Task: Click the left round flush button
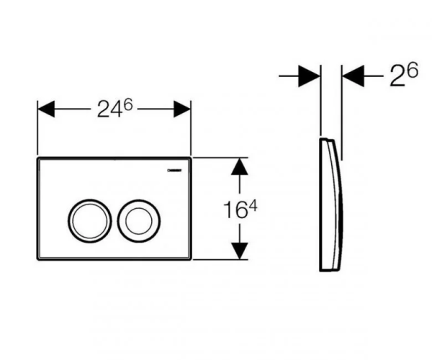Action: [89, 220]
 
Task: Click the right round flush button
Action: [139, 220]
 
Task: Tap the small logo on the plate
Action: [175, 170]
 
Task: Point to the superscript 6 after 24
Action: [128, 105]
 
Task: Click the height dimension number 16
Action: [235, 210]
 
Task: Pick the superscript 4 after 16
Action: [253, 206]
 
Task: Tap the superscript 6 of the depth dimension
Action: [413, 70]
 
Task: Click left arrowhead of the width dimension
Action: [46, 109]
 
